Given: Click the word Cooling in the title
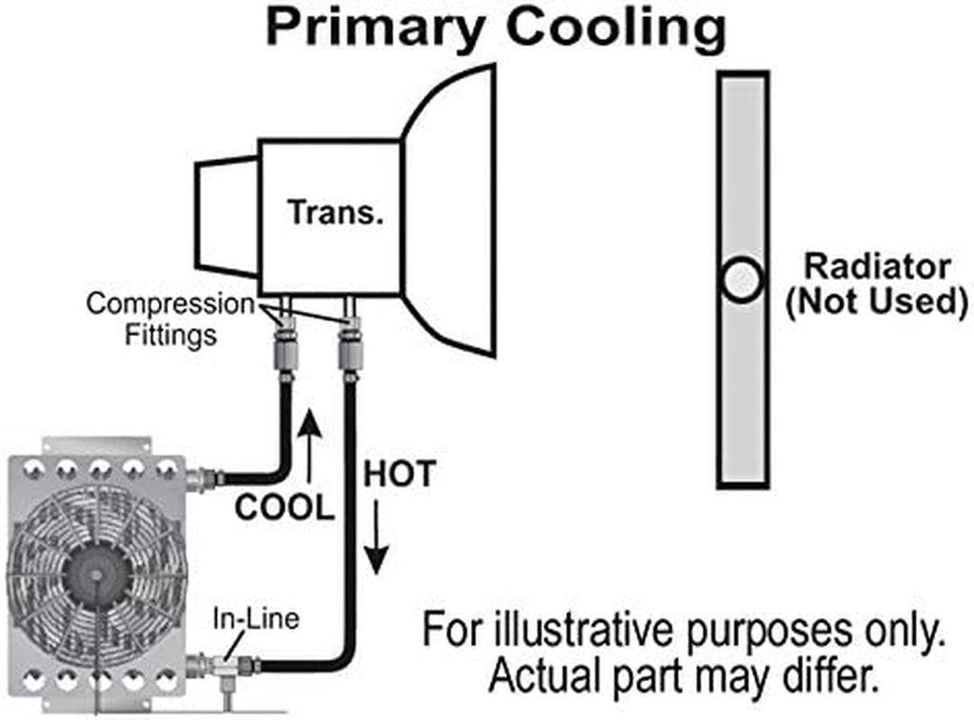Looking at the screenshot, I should coord(616,28).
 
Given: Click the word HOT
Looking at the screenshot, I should coord(399,474).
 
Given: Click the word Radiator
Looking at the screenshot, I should coord(877,266).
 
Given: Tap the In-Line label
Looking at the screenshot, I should coord(254,618).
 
